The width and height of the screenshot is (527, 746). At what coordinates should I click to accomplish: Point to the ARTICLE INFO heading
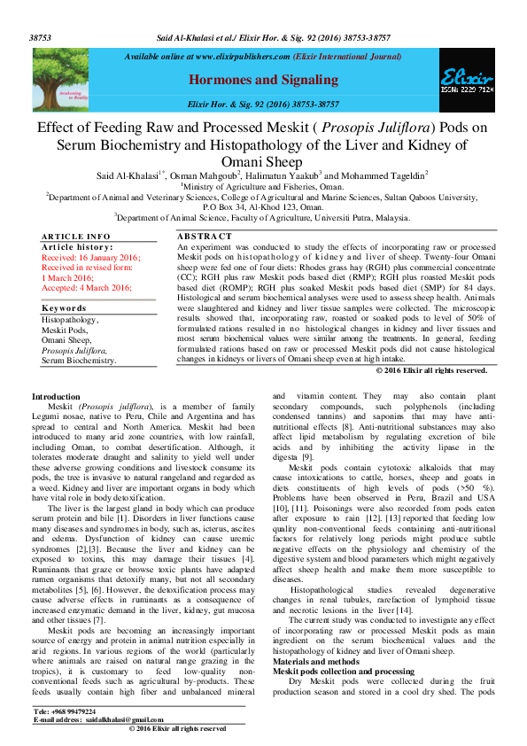coord(76,236)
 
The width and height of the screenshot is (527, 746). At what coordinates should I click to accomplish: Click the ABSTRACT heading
coord(205,236)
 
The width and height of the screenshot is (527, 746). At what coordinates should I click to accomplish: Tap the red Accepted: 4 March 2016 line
coord(87,288)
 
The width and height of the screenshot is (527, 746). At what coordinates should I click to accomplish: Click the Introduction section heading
coord(56,395)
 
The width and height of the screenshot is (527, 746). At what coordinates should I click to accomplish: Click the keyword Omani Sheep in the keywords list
coord(66,340)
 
